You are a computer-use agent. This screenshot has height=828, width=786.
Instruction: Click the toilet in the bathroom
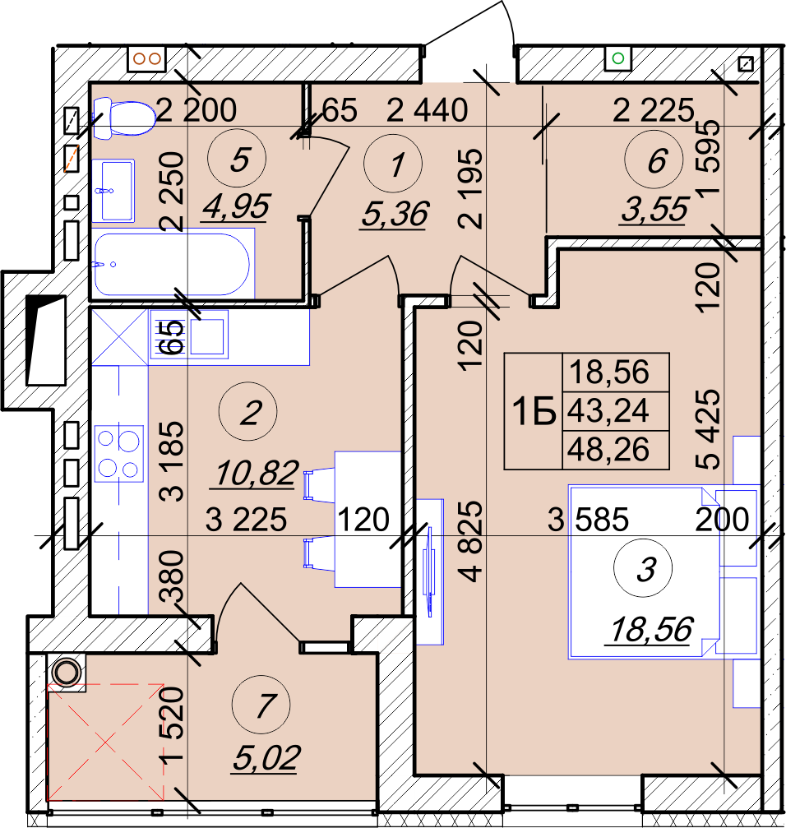pyautogui.click(x=124, y=118)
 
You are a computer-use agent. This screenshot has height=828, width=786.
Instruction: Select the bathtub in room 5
pyautogui.click(x=172, y=264)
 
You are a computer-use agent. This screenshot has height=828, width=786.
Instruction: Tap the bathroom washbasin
pyautogui.click(x=113, y=191)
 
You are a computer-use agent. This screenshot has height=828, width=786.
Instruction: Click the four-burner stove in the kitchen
pyautogui.click(x=119, y=454)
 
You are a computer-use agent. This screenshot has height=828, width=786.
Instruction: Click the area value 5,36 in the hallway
pyautogui.click(x=395, y=215)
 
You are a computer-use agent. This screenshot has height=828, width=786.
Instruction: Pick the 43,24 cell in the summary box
pyautogui.click(x=608, y=411)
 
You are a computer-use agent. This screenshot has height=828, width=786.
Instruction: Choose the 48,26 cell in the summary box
pyautogui.click(x=608, y=450)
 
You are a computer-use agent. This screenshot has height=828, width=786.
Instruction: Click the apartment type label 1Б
pyautogui.click(x=534, y=411)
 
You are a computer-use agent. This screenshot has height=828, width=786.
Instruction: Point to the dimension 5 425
pyautogui.click(x=708, y=429)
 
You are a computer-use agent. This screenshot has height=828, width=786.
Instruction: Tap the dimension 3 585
pyautogui.click(x=588, y=519)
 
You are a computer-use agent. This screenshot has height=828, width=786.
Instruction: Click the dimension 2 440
pyautogui.click(x=427, y=110)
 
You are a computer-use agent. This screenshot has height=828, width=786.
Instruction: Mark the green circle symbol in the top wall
pyautogui.click(x=618, y=58)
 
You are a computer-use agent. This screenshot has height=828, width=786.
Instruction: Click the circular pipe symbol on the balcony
pyautogui.click(x=67, y=673)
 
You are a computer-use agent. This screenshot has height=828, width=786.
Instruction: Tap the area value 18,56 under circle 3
pyautogui.click(x=651, y=630)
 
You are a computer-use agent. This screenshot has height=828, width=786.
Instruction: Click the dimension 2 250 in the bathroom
pyautogui.click(x=173, y=192)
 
